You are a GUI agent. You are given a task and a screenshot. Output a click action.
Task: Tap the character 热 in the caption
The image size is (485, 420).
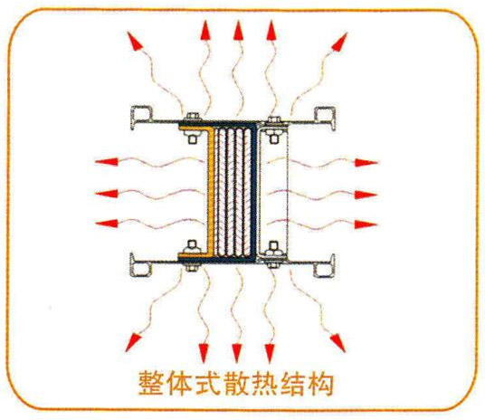(x=264, y=383)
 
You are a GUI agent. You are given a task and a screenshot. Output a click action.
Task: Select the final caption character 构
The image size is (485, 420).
(x=320, y=383)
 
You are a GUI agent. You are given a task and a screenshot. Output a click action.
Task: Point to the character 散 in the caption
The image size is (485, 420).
(x=236, y=383)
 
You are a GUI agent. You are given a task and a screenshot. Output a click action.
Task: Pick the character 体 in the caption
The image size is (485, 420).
(x=179, y=383)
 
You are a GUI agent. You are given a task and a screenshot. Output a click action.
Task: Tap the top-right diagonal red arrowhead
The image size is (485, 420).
(x=340, y=41)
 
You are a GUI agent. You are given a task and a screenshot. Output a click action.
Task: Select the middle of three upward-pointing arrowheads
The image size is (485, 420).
(x=239, y=30)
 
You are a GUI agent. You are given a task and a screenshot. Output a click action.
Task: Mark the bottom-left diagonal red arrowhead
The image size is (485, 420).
(x=133, y=342)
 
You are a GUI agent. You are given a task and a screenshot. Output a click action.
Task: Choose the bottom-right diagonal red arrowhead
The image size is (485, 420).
(x=338, y=343)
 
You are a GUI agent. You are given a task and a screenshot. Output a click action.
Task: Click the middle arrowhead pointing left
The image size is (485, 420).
(x=107, y=194)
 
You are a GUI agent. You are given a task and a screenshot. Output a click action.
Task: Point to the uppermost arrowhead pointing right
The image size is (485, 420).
(x=366, y=162)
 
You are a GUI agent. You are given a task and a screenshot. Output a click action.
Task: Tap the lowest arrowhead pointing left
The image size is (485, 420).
(x=107, y=224)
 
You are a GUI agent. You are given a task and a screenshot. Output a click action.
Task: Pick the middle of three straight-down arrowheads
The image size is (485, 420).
(x=237, y=353)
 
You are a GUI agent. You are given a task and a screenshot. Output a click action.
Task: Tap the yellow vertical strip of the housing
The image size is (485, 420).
(x=211, y=192)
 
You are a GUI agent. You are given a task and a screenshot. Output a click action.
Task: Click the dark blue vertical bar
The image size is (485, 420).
(x=254, y=192)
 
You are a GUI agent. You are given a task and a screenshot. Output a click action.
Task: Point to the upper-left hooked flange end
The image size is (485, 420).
(x=141, y=118)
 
